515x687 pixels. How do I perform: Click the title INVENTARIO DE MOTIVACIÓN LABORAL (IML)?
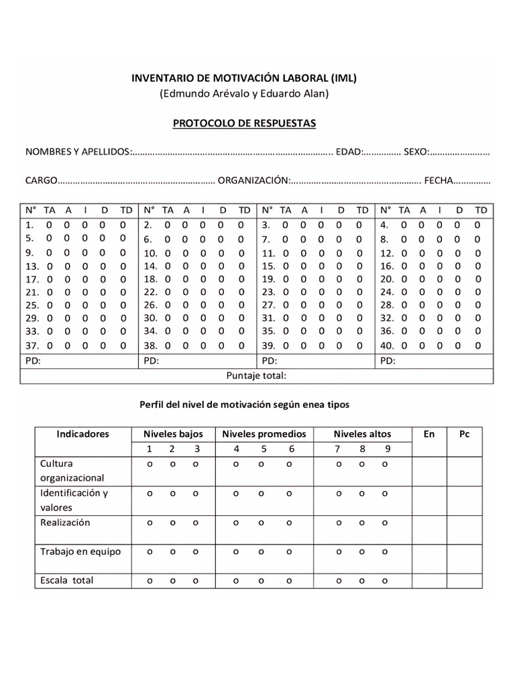pyautogui.click(x=243, y=78)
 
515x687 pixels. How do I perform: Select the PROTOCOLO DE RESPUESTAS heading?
pyautogui.click(x=244, y=123)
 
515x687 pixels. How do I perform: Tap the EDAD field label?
pyautogui.click(x=349, y=152)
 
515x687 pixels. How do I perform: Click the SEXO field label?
pyautogui.click(x=416, y=152)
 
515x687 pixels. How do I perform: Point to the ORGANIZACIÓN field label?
pyautogui.click(x=254, y=181)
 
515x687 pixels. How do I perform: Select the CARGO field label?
pyautogui.click(x=42, y=181)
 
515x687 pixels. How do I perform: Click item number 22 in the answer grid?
pyautogui.click(x=150, y=292)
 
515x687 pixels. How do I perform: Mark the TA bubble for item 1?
pyautogui.click(x=50, y=225)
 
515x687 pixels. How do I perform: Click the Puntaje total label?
pyautogui.click(x=257, y=376)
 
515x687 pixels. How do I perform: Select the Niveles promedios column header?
pyautogui.click(x=264, y=434)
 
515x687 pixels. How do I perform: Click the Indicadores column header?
pyautogui.click(x=82, y=434)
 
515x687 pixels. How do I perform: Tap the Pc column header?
pyautogui.click(x=464, y=434)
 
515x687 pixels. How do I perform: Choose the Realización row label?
pyautogui.click(x=65, y=522)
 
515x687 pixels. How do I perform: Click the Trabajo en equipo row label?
pyautogui.click(x=80, y=551)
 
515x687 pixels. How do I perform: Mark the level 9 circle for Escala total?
pyautogui.click(x=385, y=581)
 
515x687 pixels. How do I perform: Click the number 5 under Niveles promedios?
pyautogui.click(x=262, y=450)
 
